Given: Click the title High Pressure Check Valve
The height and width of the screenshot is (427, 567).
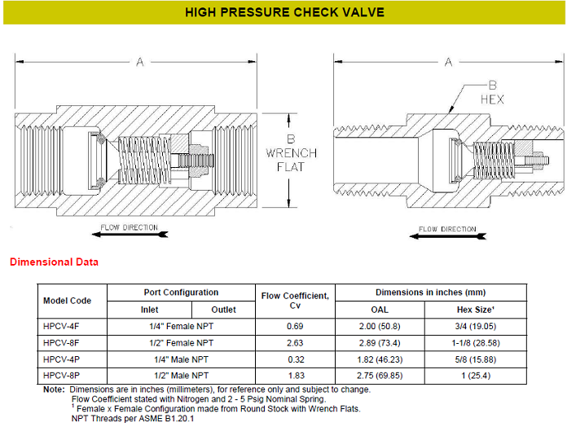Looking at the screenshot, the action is click(284, 12).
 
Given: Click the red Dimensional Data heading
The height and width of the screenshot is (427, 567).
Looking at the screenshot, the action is click(54, 262).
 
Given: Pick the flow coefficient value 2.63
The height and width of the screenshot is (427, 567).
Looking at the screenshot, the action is click(295, 343).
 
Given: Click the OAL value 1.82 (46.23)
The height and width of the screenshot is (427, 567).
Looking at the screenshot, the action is click(380, 359).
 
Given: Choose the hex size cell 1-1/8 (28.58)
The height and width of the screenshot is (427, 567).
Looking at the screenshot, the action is click(476, 343).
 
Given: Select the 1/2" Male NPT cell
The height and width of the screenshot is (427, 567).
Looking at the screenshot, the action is click(181, 376).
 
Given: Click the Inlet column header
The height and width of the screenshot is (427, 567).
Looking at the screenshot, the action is click(149, 310).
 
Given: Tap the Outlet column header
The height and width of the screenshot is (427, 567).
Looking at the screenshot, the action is click(223, 310).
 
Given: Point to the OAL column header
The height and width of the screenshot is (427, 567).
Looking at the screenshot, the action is click(380, 310).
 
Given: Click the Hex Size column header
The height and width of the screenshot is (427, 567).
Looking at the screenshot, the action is click(476, 310).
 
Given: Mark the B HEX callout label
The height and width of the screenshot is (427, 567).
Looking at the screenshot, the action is click(492, 92).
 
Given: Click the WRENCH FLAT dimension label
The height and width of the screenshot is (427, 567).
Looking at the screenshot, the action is click(291, 160).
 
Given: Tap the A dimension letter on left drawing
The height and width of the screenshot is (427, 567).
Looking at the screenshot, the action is click(140, 62).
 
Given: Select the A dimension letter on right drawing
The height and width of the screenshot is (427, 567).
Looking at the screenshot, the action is click(448, 62).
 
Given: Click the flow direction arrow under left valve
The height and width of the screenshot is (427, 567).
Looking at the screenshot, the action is click(130, 235).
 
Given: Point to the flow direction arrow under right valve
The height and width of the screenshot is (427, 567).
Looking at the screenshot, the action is click(448, 236).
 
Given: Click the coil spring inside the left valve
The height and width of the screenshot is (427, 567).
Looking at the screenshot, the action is click(144, 160).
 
